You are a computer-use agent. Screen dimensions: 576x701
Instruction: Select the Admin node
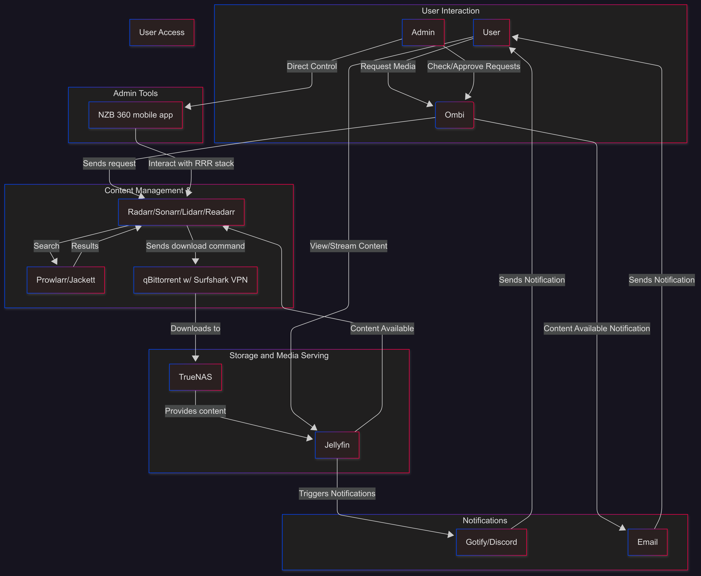tap(423, 32)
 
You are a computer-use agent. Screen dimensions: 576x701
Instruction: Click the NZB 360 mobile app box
tap(135, 115)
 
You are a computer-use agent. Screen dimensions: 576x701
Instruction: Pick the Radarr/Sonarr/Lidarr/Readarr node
tap(181, 212)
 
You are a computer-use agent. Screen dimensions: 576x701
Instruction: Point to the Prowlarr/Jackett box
tap(66, 280)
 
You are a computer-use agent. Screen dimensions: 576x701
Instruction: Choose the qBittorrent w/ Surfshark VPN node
tap(195, 280)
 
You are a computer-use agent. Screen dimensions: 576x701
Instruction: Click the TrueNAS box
tap(195, 377)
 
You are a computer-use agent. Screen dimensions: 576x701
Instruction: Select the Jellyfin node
tap(337, 445)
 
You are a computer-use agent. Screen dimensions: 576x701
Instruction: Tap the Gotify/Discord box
tap(491, 542)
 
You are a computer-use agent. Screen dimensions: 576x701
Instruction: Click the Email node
tap(647, 542)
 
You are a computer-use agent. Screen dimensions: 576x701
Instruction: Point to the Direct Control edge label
tap(312, 66)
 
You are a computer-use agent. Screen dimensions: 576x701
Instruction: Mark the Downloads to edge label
tap(195, 328)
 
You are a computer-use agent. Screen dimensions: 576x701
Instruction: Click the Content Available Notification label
tap(597, 328)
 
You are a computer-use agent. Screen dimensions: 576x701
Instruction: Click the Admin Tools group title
tap(135, 93)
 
